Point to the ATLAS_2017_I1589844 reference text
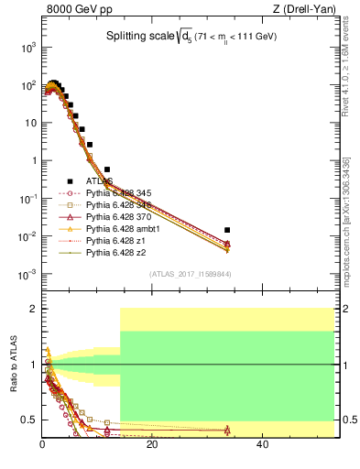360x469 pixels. [x=189, y=274]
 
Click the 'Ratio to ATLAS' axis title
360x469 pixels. [x=14, y=362]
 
